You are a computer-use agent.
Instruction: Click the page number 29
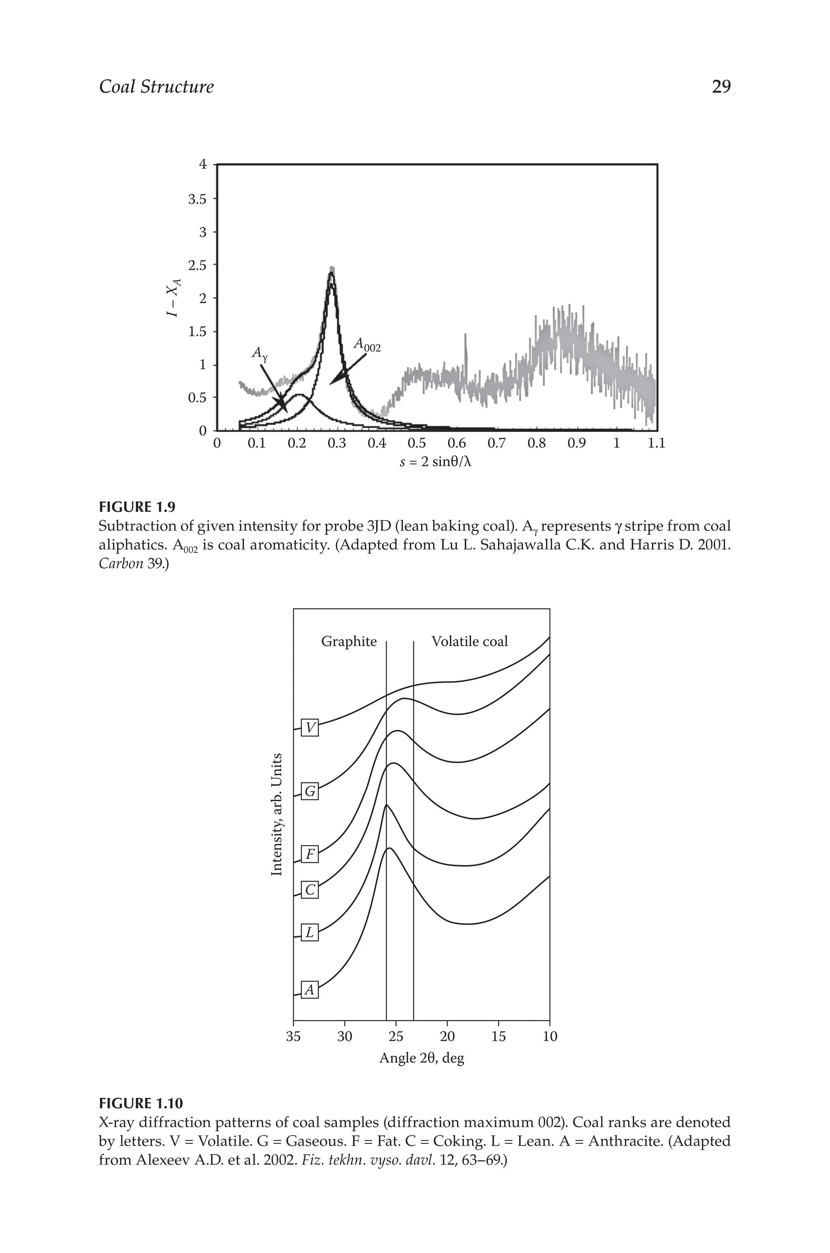721,86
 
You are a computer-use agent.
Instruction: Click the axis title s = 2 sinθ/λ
435,462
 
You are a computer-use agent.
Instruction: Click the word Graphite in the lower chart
349,642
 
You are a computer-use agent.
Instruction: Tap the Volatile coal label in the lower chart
470,642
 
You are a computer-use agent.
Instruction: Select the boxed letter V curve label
310,728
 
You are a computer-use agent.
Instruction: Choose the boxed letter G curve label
310,791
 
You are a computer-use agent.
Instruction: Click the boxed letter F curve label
310,854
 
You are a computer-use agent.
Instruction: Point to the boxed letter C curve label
310,890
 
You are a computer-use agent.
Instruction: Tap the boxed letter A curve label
310,990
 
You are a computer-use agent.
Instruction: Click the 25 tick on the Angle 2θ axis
396,1036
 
